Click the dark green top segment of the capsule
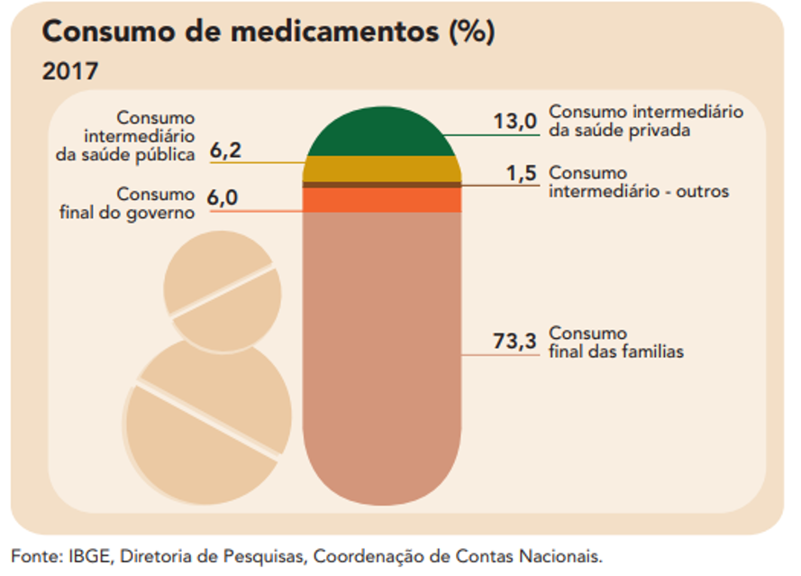381,133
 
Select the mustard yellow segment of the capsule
381,168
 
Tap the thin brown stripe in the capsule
381,185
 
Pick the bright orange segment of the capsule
381,199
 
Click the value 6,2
225,151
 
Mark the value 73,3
514,342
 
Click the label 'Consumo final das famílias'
615,343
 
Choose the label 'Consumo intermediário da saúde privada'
645,121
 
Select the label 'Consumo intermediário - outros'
638,182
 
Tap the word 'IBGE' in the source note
87,555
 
